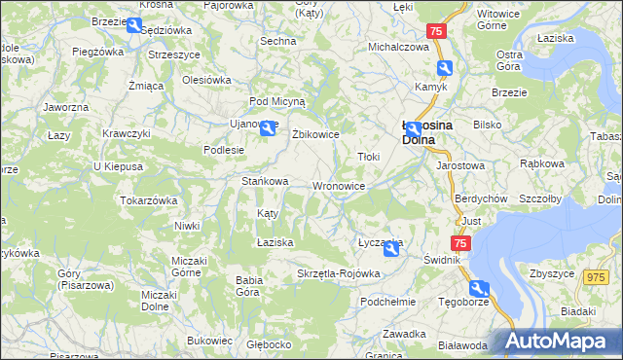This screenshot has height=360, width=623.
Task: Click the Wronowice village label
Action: tap(339, 186)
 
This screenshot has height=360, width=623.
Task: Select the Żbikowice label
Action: tap(315, 135)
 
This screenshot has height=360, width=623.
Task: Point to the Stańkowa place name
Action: tap(265, 181)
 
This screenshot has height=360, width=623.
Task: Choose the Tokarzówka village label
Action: tap(148, 200)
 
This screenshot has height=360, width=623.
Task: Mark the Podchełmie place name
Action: tap(387, 302)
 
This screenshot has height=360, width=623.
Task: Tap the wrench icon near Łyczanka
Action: tap(390, 251)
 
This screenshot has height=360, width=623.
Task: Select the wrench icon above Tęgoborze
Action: tap(477, 288)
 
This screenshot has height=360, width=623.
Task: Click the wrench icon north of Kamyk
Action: tap(445, 67)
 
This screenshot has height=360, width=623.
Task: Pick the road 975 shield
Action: tap(595, 277)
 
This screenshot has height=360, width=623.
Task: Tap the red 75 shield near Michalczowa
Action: tap(436, 31)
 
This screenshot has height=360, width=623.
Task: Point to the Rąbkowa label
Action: tap(542, 163)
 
